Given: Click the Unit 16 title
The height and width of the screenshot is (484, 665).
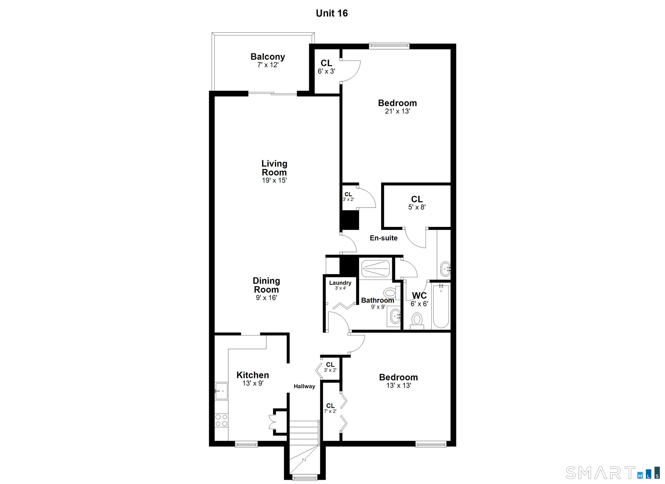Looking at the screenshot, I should pyautogui.click(x=332, y=13).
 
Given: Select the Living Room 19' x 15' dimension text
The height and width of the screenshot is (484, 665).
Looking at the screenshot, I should pyautogui.click(x=274, y=180).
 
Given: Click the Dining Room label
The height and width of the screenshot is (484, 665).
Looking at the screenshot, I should pyautogui.click(x=266, y=285).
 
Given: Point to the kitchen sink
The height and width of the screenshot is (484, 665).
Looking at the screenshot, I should pyautogui.click(x=221, y=391).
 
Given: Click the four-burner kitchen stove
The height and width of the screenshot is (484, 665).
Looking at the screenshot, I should pyautogui.click(x=221, y=420).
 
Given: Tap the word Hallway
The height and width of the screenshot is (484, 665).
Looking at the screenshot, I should pyautogui.click(x=304, y=386).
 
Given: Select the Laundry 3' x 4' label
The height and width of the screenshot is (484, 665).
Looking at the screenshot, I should pyautogui.click(x=340, y=285).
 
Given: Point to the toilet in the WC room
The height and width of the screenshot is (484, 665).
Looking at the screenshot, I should pyautogui.click(x=417, y=320).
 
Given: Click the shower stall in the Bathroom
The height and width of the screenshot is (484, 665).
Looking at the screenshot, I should pyautogui.click(x=375, y=268).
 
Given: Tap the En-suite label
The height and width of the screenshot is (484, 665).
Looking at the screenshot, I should pyautogui.click(x=384, y=238).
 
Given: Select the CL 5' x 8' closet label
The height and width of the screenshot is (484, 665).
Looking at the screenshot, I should pyautogui.click(x=417, y=203).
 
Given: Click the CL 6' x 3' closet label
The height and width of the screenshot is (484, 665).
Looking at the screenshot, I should pyautogui.click(x=326, y=67).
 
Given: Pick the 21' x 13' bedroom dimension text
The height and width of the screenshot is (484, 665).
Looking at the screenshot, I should pyautogui.click(x=397, y=111).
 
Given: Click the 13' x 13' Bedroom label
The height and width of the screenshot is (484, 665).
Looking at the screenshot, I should pyautogui.click(x=398, y=381).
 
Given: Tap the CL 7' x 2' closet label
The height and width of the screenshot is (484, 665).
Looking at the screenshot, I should pyautogui.click(x=330, y=408).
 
